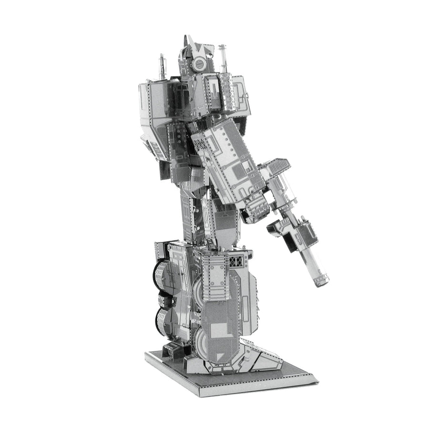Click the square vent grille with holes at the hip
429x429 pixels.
[236, 262]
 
